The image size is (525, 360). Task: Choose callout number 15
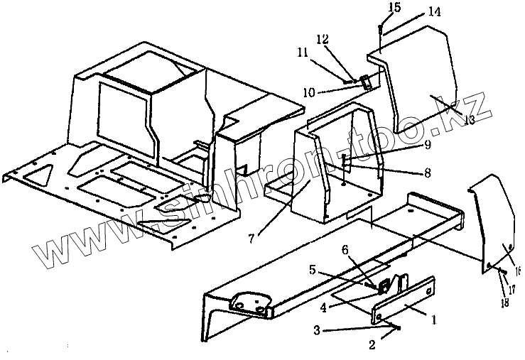click(376, 8)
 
